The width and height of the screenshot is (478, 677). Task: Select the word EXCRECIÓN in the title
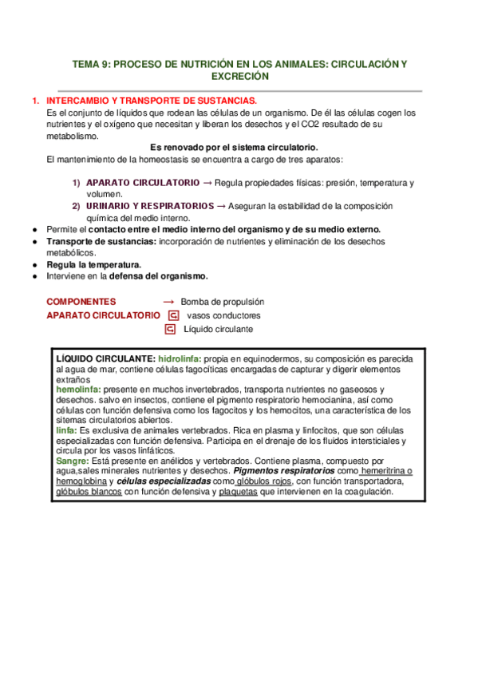(239, 77)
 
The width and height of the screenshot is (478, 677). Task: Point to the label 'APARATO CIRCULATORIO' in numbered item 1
(143, 183)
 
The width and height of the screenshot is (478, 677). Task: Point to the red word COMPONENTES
(81, 303)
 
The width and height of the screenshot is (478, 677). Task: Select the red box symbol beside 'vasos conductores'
(172, 315)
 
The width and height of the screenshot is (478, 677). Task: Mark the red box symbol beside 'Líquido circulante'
(169, 329)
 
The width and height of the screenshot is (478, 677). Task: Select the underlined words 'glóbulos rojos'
(264, 481)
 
